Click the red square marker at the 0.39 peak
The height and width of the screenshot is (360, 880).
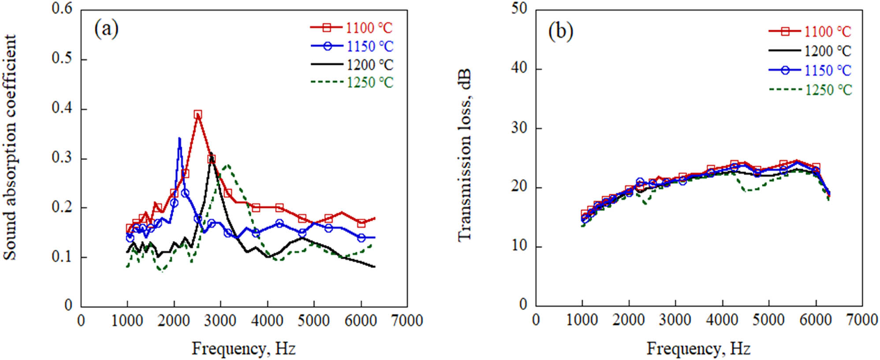pyautogui.click(x=198, y=115)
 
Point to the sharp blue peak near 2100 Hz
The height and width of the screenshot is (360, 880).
pyautogui.click(x=179, y=139)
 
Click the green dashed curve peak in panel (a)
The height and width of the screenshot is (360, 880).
pyautogui.click(x=227, y=165)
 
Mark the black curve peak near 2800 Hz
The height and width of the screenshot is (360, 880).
pyautogui.click(x=211, y=154)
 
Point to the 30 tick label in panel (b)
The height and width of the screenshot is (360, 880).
pyautogui.click(x=519, y=128)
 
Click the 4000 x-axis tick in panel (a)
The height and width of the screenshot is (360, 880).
pyautogui.click(x=267, y=320)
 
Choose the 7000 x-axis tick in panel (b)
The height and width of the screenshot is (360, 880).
pyautogui.click(x=862, y=320)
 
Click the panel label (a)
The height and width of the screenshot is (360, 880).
pyautogui.click(x=106, y=29)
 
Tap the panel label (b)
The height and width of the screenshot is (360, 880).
pyautogui.click(x=560, y=31)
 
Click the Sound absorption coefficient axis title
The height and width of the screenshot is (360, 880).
pyautogui.click(x=10, y=148)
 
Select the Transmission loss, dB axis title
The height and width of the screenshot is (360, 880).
pyautogui.click(x=465, y=154)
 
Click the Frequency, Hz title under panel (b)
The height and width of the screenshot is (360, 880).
pyautogui.click(x=698, y=349)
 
